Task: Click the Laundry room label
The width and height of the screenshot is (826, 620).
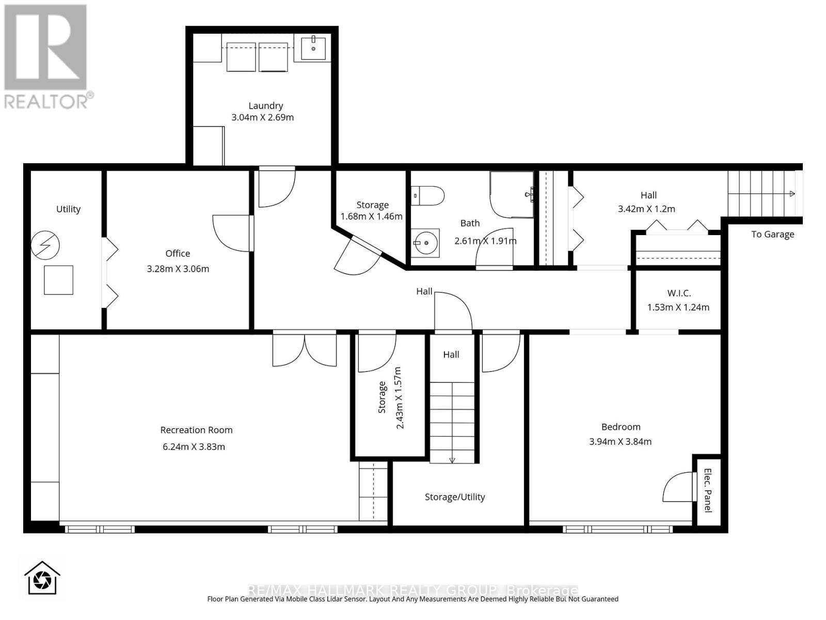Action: pyautogui.click(x=265, y=106)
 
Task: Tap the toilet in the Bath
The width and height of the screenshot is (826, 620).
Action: pyautogui.click(x=427, y=196)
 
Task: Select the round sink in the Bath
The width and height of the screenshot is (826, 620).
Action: pyautogui.click(x=425, y=243)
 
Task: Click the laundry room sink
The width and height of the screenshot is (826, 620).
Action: pyautogui.click(x=313, y=48)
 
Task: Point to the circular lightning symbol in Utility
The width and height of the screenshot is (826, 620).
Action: pyautogui.click(x=45, y=245)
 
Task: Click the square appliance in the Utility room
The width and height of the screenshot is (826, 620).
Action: pyautogui.click(x=58, y=280)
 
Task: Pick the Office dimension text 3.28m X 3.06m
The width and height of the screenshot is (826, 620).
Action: pyautogui.click(x=178, y=269)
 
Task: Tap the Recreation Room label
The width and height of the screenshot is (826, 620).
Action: pyautogui.click(x=197, y=430)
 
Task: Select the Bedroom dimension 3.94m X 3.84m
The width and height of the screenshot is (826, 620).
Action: pyautogui.click(x=620, y=442)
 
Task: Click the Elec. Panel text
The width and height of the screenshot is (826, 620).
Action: pyautogui.click(x=708, y=490)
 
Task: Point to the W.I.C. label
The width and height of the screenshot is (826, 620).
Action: pyautogui.click(x=679, y=293)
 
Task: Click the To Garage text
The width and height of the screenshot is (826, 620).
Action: pyautogui.click(x=772, y=234)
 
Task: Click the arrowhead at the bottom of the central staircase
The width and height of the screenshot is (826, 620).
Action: pyautogui.click(x=452, y=460)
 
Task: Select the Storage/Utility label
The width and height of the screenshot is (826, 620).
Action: pyautogui.click(x=455, y=497)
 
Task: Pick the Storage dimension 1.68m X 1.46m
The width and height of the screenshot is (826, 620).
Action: pyautogui.click(x=371, y=216)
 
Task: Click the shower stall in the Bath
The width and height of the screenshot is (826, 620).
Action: pyautogui.click(x=512, y=195)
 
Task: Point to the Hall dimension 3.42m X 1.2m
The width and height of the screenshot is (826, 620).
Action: pyautogui.click(x=646, y=209)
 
